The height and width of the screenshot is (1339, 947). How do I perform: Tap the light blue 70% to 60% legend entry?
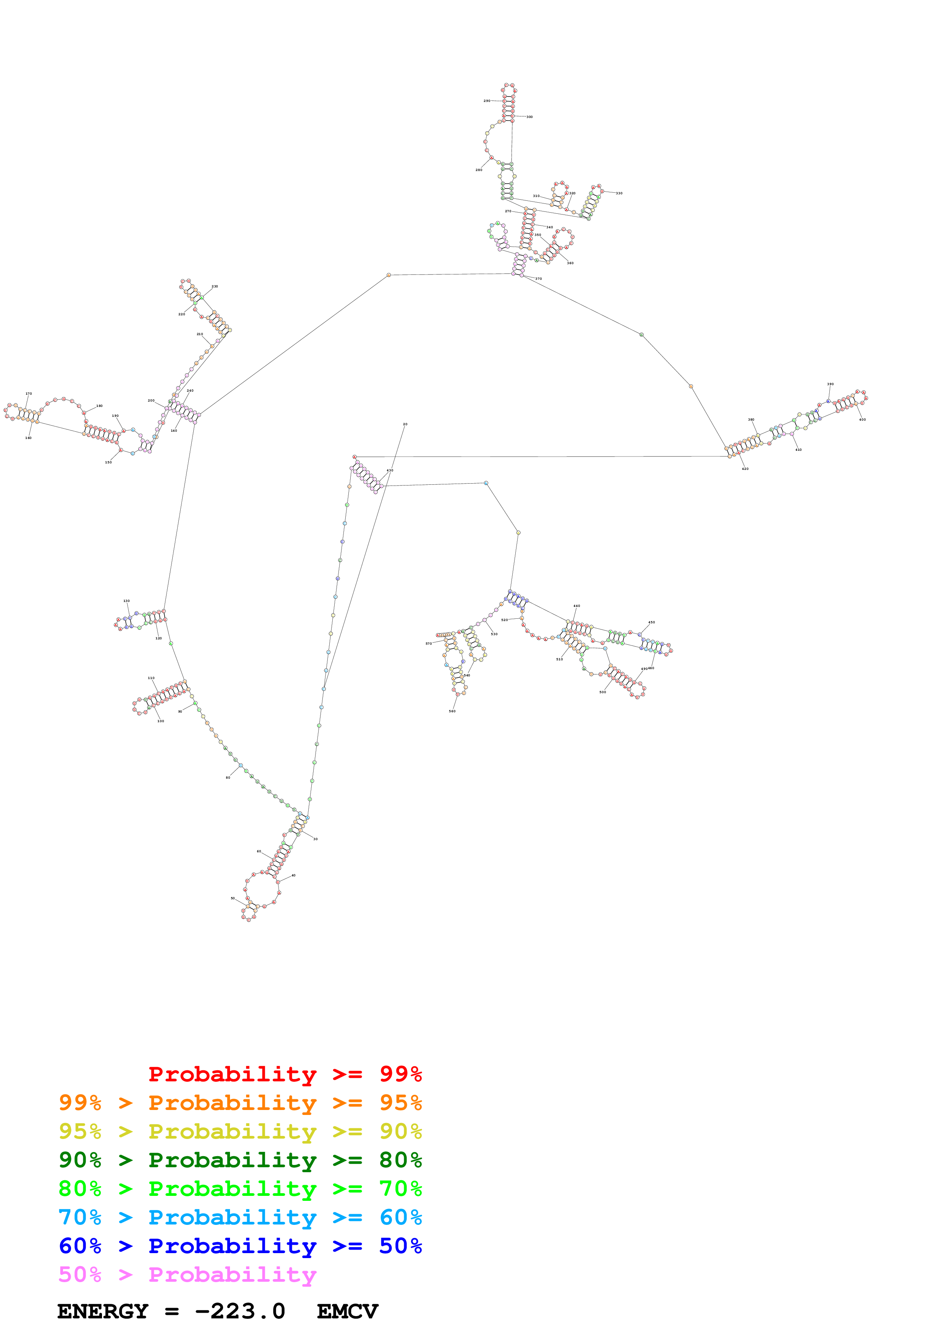click(240, 1217)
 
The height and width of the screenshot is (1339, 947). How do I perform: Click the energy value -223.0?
click(240, 1312)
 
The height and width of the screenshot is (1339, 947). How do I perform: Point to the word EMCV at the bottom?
click(347, 1312)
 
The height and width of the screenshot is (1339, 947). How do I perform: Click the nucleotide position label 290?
click(487, 101)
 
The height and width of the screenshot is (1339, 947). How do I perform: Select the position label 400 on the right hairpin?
click(863, 420)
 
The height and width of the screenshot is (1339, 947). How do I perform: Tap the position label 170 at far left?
click(29, 394)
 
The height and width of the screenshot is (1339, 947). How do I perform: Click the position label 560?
click(452, 711)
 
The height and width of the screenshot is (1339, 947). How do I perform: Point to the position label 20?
click(405, 424)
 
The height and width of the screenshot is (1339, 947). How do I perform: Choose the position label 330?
click(619, 193)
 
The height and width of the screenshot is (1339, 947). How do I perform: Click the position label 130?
click(126, 601)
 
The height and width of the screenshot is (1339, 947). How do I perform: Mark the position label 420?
click(745, 469)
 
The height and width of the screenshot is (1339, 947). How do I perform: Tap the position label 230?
click(215, 286)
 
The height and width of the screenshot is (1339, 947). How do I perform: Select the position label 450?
click(651, 622)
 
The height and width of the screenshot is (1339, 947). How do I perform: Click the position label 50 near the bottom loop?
click(232, 898)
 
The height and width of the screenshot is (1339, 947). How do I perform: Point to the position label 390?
click(830, 384)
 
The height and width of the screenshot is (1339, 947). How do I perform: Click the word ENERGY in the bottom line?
click(103, 1312)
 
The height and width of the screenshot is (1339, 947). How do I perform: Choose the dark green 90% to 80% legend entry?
click(240, 1160)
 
